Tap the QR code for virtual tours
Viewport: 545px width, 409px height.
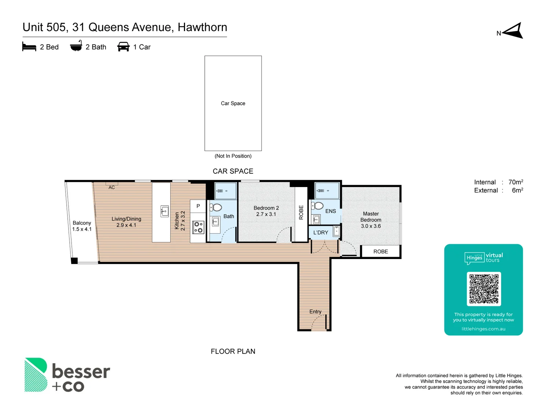[x=484, y=289]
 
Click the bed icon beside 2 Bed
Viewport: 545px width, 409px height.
[x=29, y=47]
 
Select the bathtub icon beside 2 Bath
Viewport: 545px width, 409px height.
[x=76, y=46]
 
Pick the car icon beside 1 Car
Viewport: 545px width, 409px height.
[x=123, y=47]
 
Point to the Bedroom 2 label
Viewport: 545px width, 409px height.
[x=266, y=208]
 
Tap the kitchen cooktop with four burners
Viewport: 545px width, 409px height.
[x=198, y=227]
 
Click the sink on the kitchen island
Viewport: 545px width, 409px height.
[x=165, y=211]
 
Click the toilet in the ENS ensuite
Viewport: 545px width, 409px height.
[x=317, y=206]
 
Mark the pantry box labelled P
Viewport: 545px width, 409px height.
[x=198, y=206]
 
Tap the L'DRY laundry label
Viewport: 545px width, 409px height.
[x=321, y=233]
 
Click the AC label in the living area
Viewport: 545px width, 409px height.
[x=112, y=187]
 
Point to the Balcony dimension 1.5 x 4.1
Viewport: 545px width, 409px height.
[x=82, y=229]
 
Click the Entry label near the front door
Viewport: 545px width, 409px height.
[x=315, y=312]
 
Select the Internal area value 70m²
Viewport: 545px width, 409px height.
[x=515, y=182]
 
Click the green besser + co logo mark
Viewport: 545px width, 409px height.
[x=36, y=375]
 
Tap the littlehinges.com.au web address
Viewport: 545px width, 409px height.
[x=483, y=329]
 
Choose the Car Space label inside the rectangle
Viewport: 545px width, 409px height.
[x=233, y=103]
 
